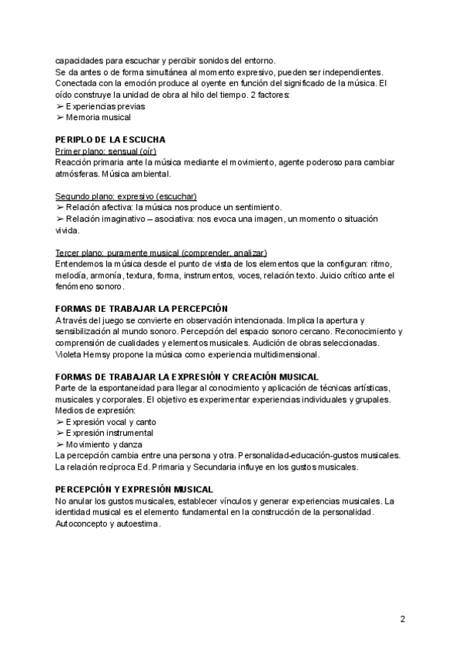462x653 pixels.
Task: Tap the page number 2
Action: pyautogui.click(x=402, y=618)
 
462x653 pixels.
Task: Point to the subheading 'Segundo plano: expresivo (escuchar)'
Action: pyautogui.click(x=126, y=196)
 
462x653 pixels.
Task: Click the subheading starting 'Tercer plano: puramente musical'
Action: pyautogui.click(x=162, y=253)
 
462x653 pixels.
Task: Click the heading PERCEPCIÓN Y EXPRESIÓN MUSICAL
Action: pyautogui.click(x=135, y=489)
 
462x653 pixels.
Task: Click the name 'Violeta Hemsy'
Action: pyautogui.click(x=84, y=354)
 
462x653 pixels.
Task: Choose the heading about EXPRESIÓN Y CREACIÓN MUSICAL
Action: pyautogui.click(x=187, y=377)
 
